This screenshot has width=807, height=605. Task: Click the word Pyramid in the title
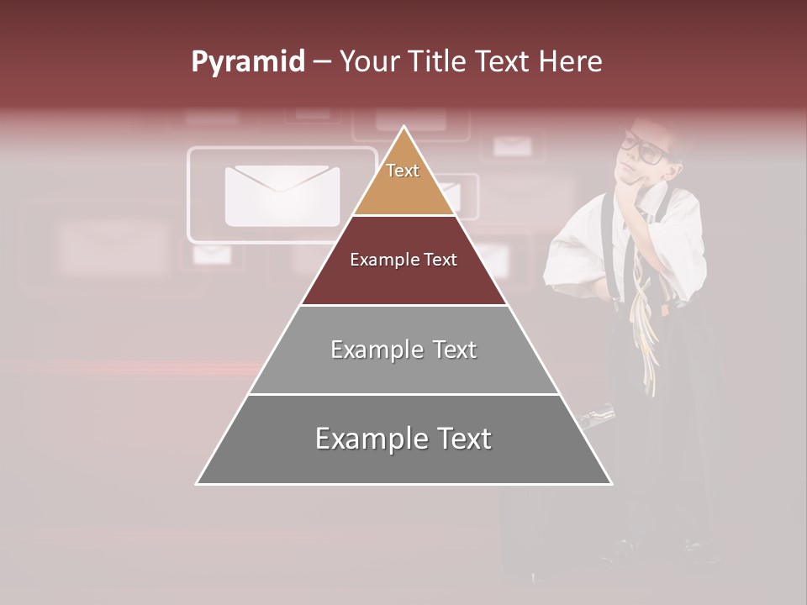click(247, 62)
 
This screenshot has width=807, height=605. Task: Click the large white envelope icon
click(282, 196)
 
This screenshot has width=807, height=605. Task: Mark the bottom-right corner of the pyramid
click(610, 483)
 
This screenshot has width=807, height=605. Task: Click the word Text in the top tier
click(403, 171)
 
